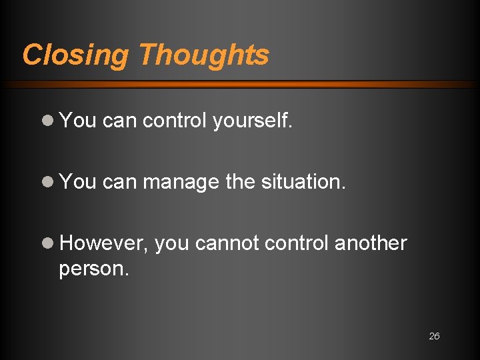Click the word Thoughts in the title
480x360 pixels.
coord(204,55)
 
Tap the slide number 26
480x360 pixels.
coord(434,336)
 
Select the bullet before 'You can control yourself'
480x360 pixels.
coord(47,120)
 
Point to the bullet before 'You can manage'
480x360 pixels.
coord(47,181)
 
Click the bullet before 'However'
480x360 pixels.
coord(47,243)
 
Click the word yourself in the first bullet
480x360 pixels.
coord(253,121)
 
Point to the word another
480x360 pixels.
coord(370,243)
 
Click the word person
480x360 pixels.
coord(93,270)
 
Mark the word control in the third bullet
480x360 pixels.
coord(296,243)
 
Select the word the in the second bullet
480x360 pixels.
coord(239,181)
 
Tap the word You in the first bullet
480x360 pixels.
coord(78,120)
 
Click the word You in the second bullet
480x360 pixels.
coord(78,181)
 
